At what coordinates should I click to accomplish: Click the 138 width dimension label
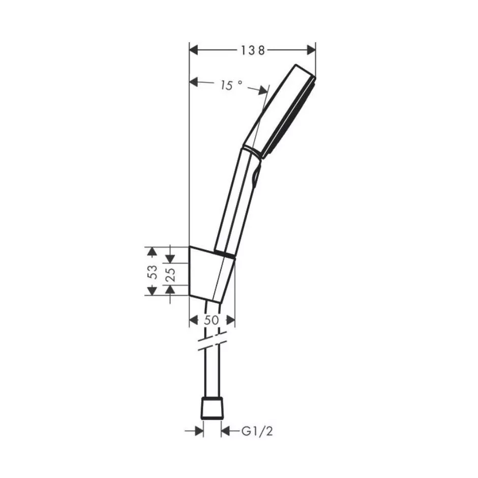pyautogui.click(x=253, y=51)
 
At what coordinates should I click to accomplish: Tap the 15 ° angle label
pyautogui.click(x=231, y=85)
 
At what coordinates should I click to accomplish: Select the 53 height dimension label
pyautogui.click(x=152, y=272)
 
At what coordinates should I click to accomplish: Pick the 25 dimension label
pyautogui.click(x=171, y=274)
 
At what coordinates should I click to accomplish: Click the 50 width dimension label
pyautogui.click(x=211, y=320)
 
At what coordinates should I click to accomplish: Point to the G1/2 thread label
pyautogui.click(x=257, y=431)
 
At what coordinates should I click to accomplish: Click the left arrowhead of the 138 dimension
pyautogui.click(x=194, y=50)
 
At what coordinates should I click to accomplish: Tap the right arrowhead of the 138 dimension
pyautogui.click(x=311, y=50)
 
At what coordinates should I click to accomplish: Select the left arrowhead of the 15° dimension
pyautogui.click(x=194, y=82)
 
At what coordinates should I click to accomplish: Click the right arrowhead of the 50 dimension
pyautogui.click(x=231, y=320)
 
